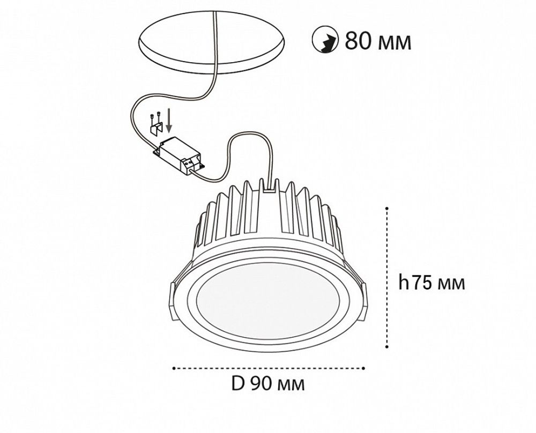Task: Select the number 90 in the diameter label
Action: pos(261,384)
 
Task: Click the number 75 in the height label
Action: pos(419,282)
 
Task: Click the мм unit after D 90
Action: pos(292,385)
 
